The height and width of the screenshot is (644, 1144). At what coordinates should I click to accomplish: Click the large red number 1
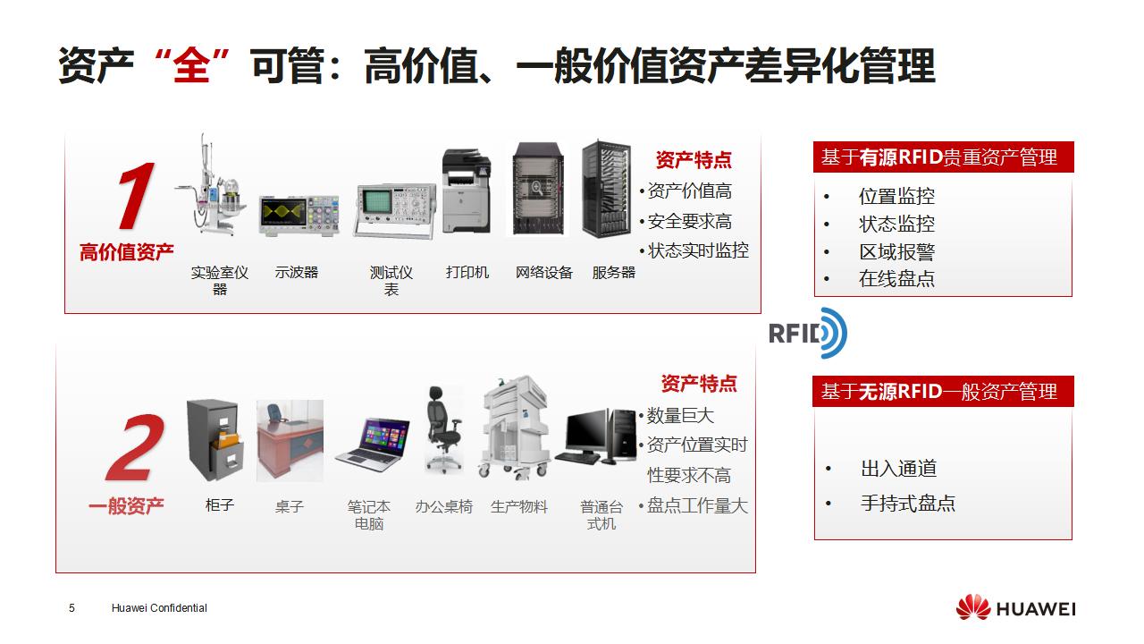coord(132,195)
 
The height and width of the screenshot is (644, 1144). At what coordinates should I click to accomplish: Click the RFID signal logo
coord(807,334)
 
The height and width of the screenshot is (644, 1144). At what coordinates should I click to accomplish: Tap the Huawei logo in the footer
coord(1015,608)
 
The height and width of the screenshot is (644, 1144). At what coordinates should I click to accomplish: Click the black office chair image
coord(442,429)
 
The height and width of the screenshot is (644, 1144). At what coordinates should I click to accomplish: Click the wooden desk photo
coord(290,440)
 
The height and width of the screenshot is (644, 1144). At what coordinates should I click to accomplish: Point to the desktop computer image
coord(596,436)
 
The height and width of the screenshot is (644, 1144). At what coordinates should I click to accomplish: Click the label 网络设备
coord(543,272)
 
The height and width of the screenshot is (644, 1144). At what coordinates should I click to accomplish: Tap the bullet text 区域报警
coord(896,251)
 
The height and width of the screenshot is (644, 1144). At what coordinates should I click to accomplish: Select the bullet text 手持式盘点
coord(907,504)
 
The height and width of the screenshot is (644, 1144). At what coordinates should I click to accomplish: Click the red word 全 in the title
coord(191,66)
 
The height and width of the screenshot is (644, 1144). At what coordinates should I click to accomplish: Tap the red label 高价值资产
coord(126,252)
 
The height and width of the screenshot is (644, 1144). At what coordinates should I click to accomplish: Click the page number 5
coord(71,608)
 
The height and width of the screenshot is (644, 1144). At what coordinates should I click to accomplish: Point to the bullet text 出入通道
coord(898,468)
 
